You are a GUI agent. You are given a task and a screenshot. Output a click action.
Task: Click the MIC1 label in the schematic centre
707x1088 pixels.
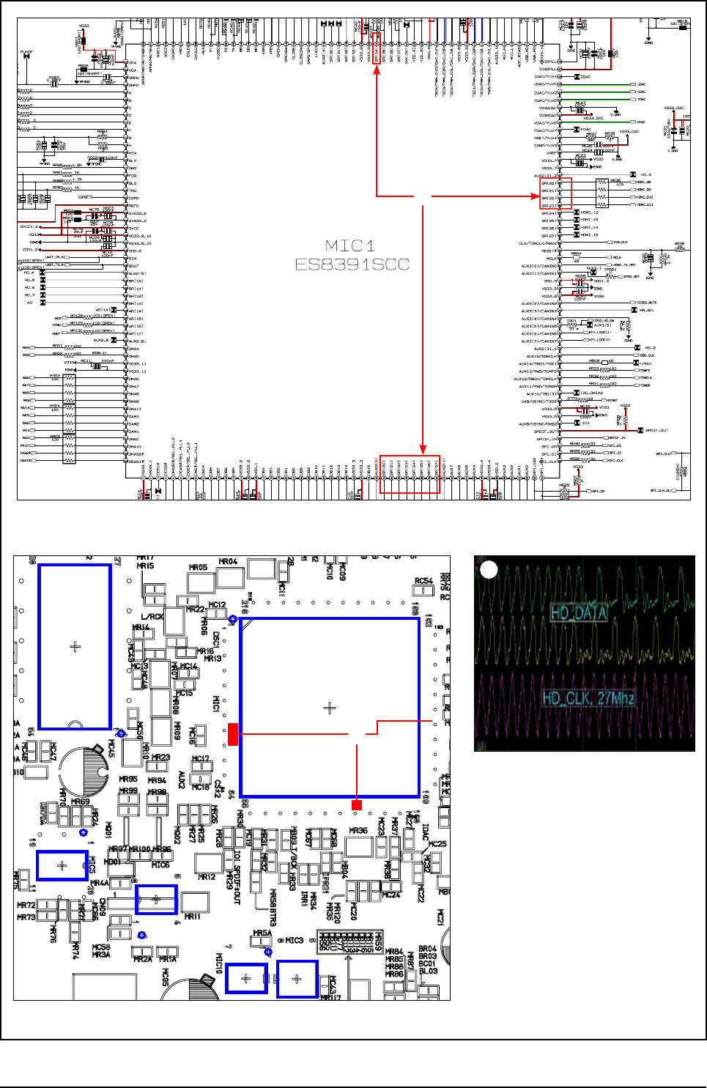350,245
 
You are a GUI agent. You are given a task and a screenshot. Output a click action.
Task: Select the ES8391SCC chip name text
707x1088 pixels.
352,264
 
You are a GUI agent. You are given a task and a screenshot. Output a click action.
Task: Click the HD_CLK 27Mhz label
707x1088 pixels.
588,698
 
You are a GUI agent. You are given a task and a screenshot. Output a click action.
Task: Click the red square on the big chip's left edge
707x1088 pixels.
233,734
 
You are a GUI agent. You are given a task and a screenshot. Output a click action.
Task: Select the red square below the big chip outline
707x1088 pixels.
357,805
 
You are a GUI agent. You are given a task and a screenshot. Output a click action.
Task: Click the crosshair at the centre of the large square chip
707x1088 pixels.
330,708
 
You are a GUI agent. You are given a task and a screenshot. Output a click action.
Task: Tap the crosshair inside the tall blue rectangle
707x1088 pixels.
75,646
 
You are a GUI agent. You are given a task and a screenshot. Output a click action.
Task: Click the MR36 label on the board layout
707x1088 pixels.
358,830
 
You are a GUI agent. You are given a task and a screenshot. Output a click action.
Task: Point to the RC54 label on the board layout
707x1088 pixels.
423,581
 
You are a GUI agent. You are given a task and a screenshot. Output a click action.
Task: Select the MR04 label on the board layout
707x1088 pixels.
228,562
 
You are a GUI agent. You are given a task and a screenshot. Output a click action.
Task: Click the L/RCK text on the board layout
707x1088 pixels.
152,617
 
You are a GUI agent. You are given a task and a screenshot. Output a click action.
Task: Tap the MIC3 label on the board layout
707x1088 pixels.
294,940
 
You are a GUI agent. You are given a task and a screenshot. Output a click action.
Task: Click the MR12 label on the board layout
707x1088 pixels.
207,876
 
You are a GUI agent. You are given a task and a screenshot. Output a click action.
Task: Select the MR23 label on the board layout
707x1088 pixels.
160,758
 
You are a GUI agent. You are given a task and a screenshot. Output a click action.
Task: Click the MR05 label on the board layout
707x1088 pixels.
198,568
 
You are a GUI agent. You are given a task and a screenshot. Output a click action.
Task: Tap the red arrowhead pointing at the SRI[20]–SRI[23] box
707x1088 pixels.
536,196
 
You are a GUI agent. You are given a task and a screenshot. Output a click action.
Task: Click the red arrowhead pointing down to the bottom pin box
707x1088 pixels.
423,448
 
